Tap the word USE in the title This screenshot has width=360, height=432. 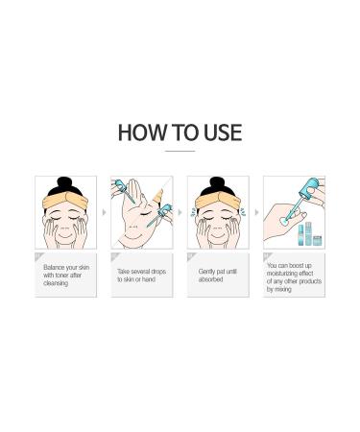coord(223,132)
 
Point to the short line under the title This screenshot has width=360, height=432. coord(180,151)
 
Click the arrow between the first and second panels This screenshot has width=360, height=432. coord(104,212)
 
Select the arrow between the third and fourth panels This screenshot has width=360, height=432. coord(256,212)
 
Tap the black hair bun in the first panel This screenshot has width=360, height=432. coord(65,183)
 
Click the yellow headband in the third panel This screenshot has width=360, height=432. coord(218,200)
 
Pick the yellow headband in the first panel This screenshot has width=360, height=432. coord(65,200)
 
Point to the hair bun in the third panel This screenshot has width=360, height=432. coord(218,183)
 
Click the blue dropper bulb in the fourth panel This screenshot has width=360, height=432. coord(309,185)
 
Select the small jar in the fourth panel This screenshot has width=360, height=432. coord(317,240)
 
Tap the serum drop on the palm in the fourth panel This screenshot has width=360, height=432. coord(283,221)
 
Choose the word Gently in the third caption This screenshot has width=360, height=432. coord(206,272)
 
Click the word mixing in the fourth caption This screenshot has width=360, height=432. coord(283,289)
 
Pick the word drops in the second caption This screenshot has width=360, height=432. coord(157,272)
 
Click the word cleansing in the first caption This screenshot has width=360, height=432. coord(56,283)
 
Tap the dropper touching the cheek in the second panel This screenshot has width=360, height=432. coord(159,215)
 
